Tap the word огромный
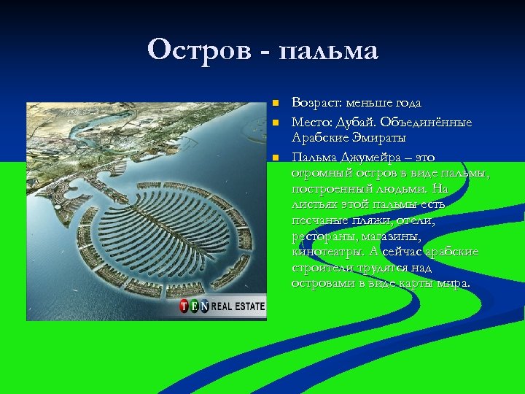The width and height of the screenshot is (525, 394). click(x=319, y=172)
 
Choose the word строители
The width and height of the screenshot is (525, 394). click(x=322, y=268)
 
